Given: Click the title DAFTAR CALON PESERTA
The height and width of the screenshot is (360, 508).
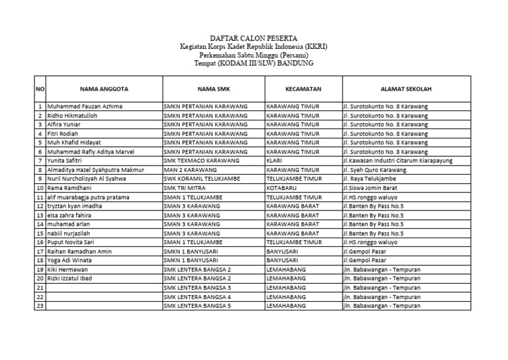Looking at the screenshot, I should tap(253, 39).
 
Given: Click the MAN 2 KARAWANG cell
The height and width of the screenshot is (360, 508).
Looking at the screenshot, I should tap(187, 169).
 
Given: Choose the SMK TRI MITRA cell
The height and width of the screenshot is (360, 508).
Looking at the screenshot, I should tap(185, 188).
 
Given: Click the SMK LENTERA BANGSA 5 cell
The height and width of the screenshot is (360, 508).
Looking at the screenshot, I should tap(197, 306).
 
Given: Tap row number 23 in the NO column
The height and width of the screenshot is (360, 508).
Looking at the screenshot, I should tap(40, 306).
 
